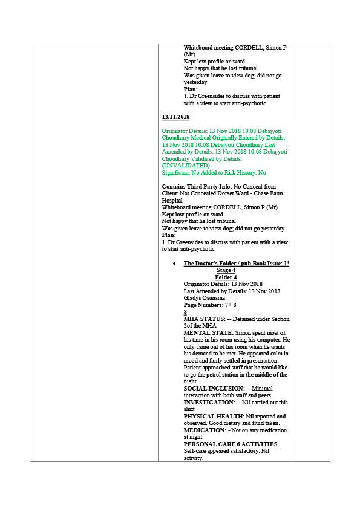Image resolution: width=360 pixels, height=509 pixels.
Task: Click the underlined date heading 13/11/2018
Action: pos(175,117)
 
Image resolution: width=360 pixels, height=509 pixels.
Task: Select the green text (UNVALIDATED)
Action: pos(186,166)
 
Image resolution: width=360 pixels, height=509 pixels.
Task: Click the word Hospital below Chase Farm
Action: pos(172,201)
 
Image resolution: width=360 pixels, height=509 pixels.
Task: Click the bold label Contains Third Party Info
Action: pos(197,187)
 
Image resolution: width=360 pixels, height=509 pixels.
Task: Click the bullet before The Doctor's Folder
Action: pos(175,264)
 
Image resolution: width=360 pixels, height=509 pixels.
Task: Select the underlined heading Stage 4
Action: pos(226,270)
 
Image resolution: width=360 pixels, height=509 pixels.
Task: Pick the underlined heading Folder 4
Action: pos(226,277)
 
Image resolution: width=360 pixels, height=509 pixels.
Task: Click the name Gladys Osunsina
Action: pos(204,298)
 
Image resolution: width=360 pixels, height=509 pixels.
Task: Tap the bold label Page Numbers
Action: pos(203,305)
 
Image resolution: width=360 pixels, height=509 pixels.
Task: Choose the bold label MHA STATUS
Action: pos(205,319)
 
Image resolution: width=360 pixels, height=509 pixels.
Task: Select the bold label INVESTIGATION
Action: pos(209,403)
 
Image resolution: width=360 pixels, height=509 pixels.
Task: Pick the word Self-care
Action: pos(194,451)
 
